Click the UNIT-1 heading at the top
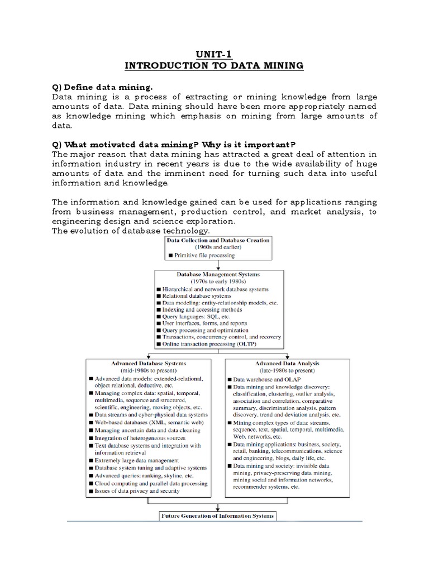(214, 54)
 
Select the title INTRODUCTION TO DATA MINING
(214, 66)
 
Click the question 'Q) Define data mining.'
(102, 88)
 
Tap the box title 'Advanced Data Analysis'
(288, 363)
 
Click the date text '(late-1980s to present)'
(288, 370)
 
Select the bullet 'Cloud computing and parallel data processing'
(151, 483)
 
